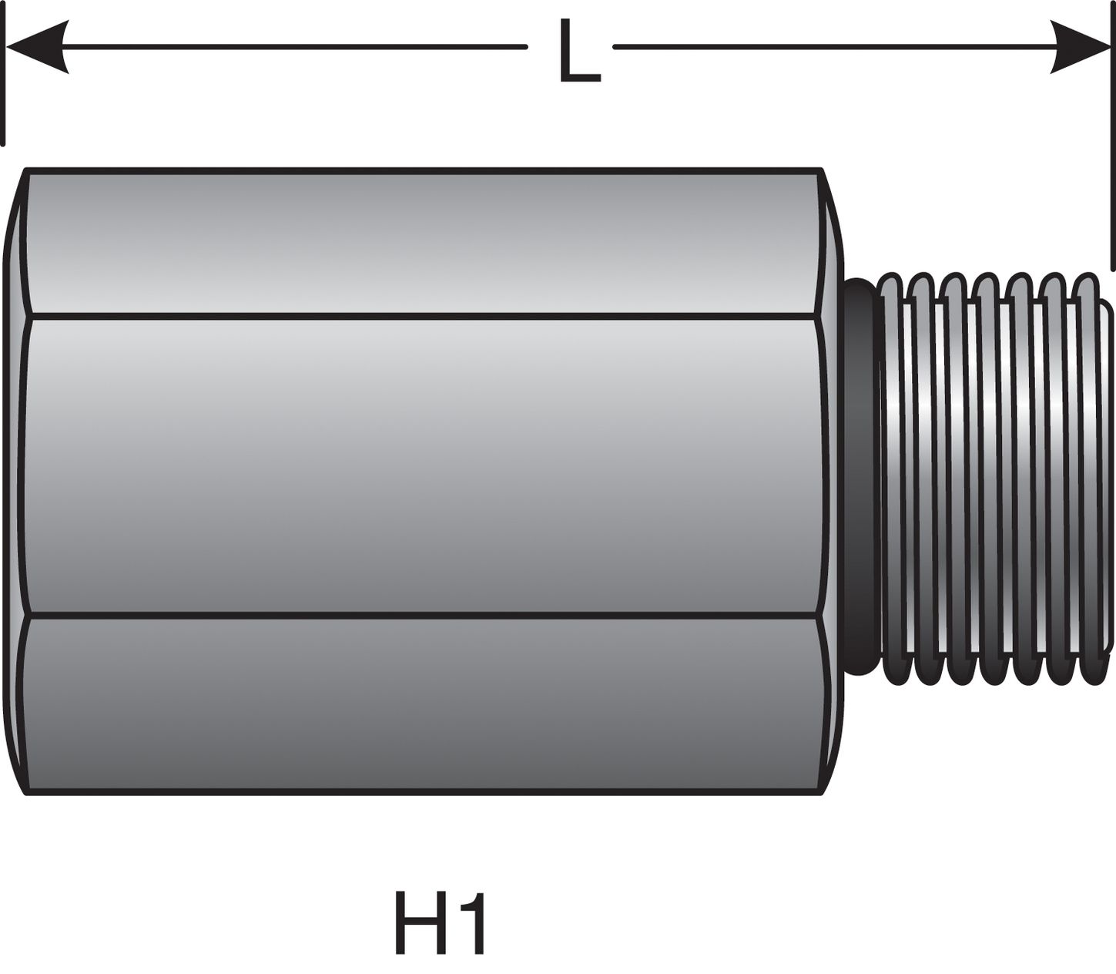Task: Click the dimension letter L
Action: [578, 52]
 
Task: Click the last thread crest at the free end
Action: [1088, 478]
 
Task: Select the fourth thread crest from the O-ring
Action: [989, 478]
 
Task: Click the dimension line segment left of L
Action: [293, 47]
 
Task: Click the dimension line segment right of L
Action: [832, 47]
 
